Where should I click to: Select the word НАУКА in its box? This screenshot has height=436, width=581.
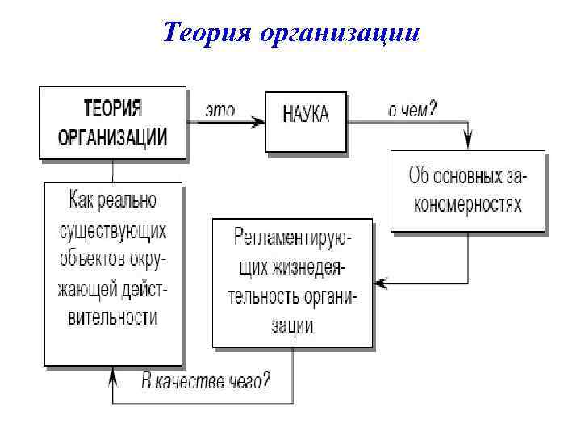click(x=307, y=113)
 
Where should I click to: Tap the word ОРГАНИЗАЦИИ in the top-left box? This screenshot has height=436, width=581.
click(x=113, y=136)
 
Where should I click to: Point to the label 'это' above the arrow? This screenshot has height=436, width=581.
click(x=219, y=111)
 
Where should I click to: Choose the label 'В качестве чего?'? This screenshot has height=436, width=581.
click(x=205, y=381)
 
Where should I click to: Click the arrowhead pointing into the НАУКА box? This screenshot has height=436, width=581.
click(x=259, y=121)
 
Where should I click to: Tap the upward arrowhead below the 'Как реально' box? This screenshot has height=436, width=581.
click(x=113, y=373)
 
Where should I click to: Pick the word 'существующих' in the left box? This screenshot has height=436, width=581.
click(x=114, y=231)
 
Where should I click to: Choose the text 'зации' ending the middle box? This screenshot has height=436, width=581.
click(x=293, y=326)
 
